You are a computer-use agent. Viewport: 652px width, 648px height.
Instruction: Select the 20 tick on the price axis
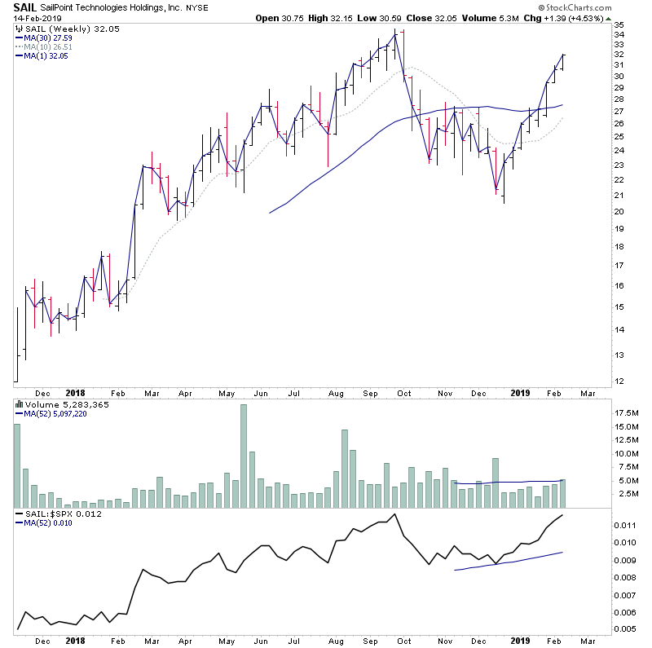[x=619, y=212]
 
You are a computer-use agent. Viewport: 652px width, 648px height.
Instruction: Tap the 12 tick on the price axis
[x=619, y=381]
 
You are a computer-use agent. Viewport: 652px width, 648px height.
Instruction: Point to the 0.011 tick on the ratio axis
[x=625, y=525]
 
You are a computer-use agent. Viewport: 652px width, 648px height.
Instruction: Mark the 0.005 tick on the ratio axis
[x=625, y=629]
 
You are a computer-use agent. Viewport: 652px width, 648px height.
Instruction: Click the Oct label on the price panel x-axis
[x=403, y=393]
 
